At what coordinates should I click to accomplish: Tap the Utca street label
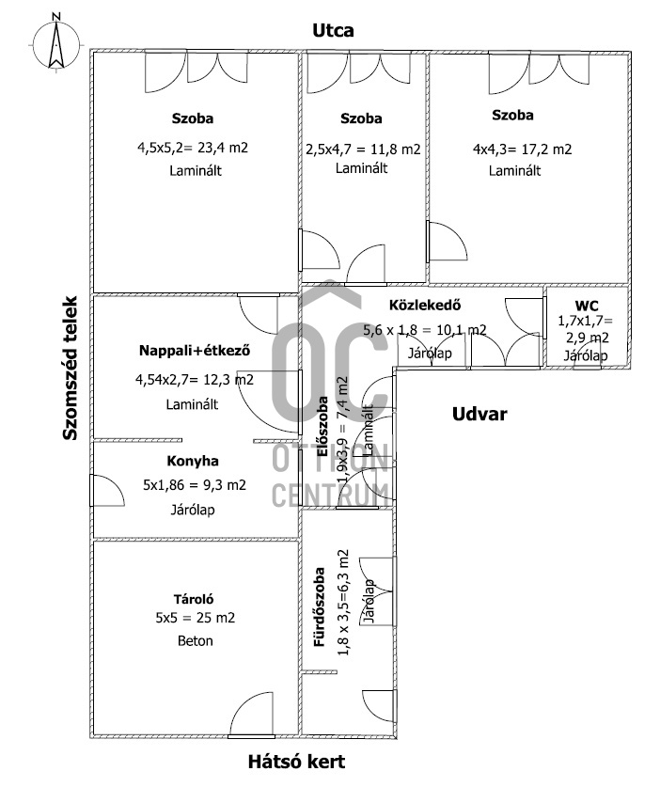point(333,31)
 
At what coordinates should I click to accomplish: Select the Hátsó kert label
point(296,762)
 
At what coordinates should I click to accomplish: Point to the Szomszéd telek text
point(71,368)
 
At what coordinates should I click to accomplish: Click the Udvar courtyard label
point(479,414)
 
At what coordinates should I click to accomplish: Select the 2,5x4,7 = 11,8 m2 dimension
point(363,150)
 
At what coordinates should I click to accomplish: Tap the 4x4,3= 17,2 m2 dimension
point(522,150)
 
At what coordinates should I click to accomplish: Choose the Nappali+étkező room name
point(195,350)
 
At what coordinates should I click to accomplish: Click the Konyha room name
point(192,461)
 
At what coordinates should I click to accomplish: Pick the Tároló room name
point(194,599)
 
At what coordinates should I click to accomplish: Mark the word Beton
point(196,640)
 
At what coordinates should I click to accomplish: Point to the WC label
point(587,306)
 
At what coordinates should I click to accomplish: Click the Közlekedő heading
point(425,305)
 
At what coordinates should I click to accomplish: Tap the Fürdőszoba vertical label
point(320,606)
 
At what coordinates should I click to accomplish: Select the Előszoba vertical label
point(322,427)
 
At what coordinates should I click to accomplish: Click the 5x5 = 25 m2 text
point(195,618)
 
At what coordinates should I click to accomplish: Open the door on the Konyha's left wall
point(106,490)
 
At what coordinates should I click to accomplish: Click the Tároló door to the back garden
point(251,715)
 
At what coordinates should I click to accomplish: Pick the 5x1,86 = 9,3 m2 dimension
point(195,485)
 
